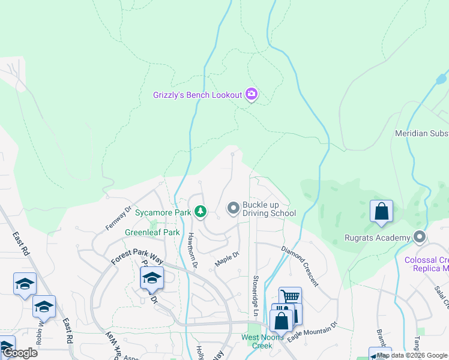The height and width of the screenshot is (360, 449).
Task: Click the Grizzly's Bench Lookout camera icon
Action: point(252,94)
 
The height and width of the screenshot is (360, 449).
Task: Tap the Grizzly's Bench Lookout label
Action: point(197,95)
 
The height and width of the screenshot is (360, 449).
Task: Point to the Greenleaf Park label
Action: point(152,232)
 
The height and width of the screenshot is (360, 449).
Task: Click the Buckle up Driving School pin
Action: point(233,208)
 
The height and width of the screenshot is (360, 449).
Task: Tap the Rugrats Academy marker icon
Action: point(420,238)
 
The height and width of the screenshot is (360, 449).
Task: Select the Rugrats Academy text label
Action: point(377,238)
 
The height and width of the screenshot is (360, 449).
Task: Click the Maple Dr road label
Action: point(228,259)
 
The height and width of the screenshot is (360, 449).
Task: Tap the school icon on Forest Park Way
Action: point(152,278)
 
